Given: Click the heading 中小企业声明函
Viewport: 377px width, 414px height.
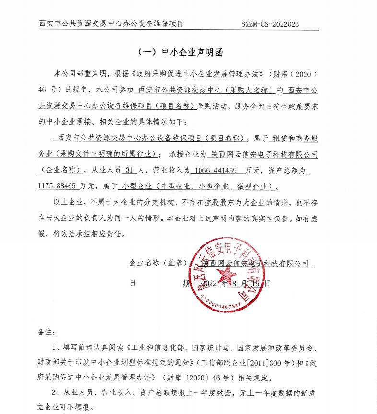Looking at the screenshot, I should coord(192,52).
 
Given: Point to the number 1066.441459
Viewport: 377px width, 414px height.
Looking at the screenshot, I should coord(216,170).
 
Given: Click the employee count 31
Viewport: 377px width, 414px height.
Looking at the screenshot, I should coord(127,170).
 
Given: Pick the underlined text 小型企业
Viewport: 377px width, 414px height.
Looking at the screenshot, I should coord(136,185).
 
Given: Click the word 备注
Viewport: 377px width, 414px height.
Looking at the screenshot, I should coord(46,331).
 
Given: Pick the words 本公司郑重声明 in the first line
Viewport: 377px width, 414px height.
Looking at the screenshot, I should coord(81,74).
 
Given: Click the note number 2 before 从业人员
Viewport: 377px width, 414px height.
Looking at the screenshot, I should coord(56,393).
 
